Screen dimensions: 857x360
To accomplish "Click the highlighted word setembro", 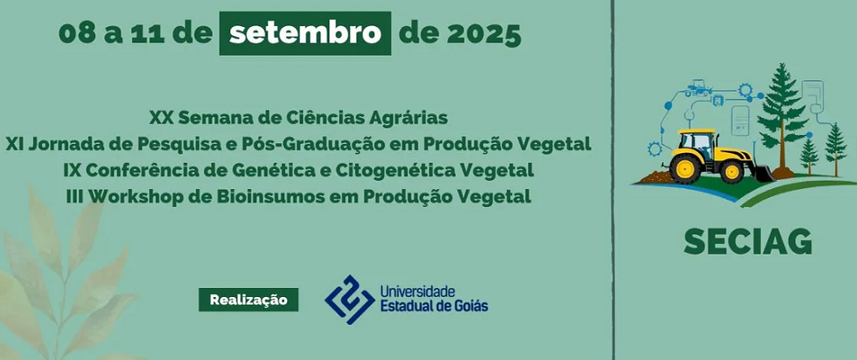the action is coord(305,34).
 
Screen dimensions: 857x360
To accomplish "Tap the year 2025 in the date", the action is coord(483,34).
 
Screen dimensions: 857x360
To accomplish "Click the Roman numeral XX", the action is coord(160,118).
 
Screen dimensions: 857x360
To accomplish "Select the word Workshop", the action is coord(130,197).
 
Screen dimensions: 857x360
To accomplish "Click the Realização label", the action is coord(248,300).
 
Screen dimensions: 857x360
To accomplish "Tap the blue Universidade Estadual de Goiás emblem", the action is coord(349,300).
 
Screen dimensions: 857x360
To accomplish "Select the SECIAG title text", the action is coord(747,241).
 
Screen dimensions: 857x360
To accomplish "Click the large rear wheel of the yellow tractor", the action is coord(685,167).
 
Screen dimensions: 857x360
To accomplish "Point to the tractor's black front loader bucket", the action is coord(762,173).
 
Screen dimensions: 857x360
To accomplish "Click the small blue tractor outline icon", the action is coord(699,88).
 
